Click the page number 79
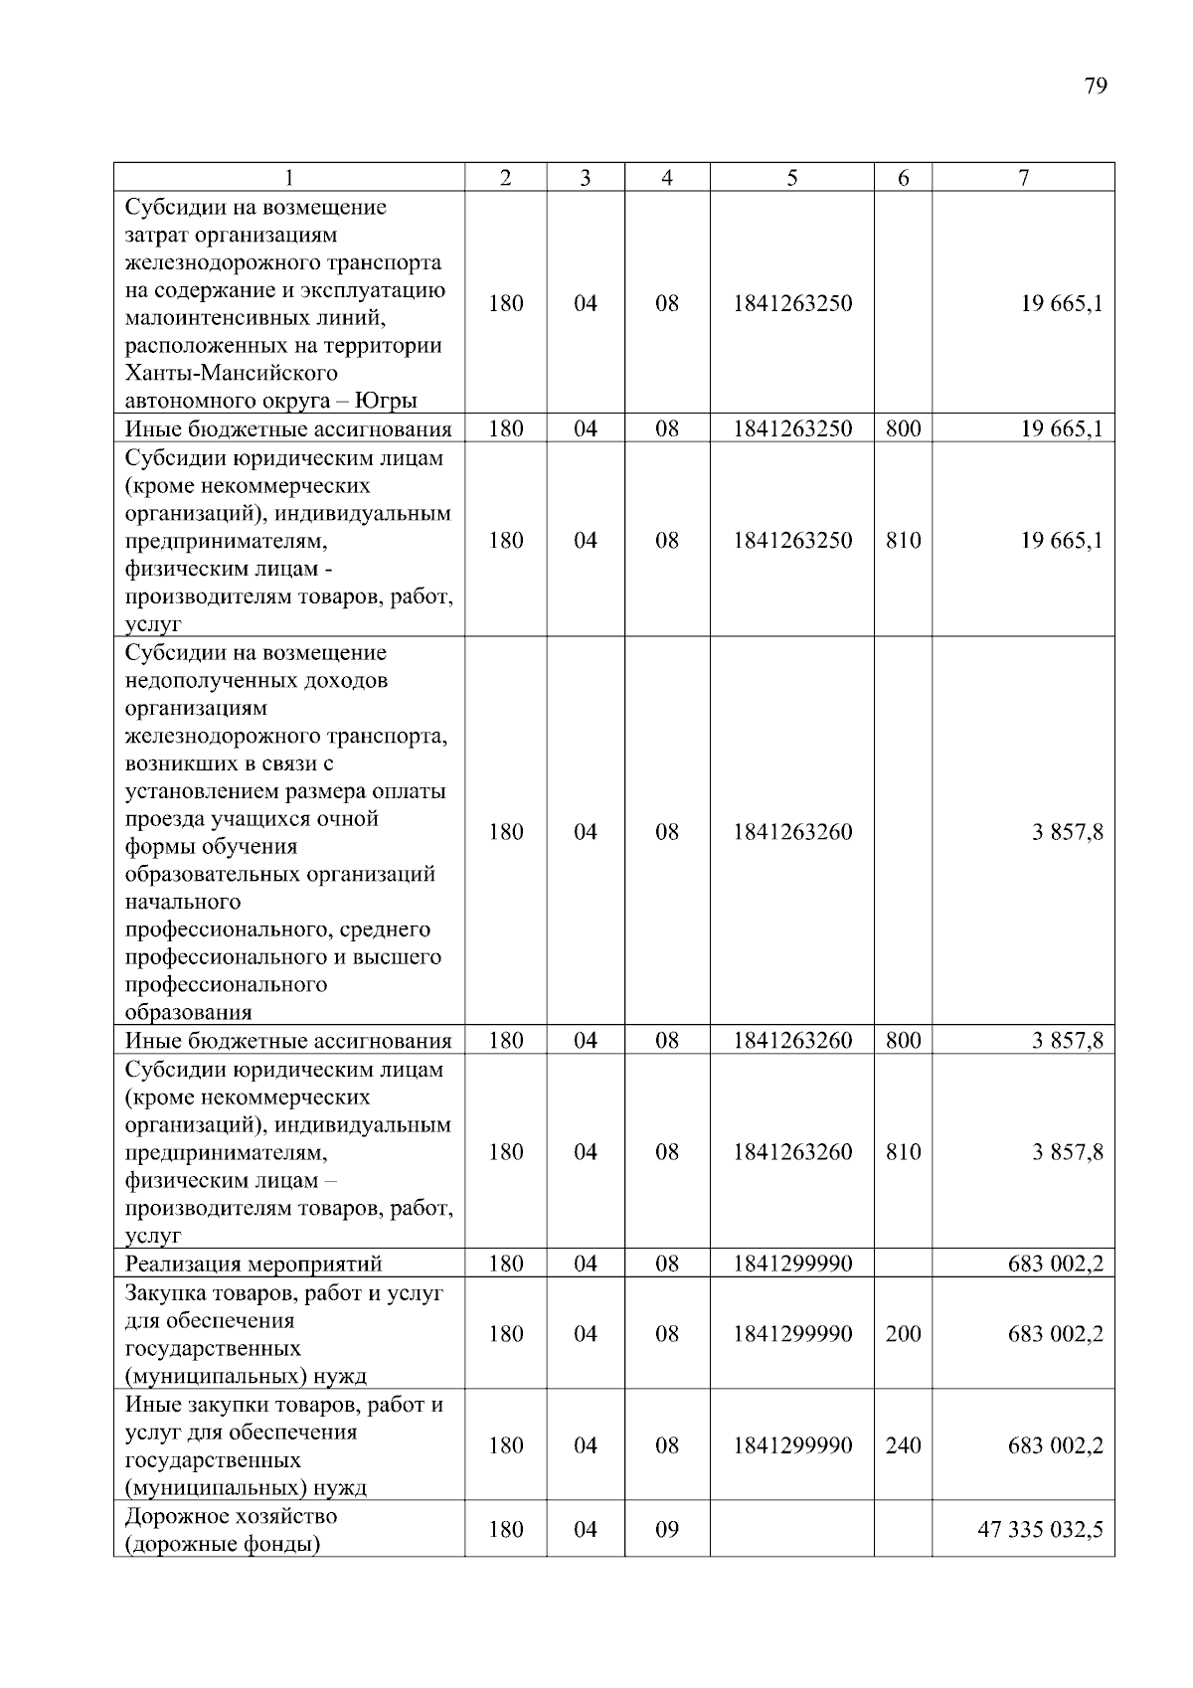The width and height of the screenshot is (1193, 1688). (1095, 85)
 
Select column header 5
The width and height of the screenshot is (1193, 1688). (791, 178)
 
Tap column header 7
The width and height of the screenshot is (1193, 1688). (1023, 178)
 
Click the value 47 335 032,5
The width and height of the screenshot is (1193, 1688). (1040, 1529)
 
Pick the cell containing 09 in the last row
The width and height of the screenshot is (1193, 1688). (666, 1529)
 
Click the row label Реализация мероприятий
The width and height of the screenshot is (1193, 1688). (254, 1264)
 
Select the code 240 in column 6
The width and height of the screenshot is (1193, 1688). (903, 1444)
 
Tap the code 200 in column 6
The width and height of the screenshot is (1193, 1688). (903, 1333)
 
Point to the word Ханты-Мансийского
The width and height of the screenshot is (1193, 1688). (231, 374)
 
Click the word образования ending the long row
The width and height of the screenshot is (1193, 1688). (188, 1013)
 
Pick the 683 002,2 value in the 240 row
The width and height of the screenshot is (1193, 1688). (1055, 1444)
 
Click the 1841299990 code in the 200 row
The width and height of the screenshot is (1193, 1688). (792, 1333)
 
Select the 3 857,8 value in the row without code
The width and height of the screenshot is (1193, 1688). (1067, 832)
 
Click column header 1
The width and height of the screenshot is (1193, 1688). (288, 178)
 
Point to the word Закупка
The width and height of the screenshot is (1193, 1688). (165, 1293)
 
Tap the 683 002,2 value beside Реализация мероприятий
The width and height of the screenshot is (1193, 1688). (1055, 1264)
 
